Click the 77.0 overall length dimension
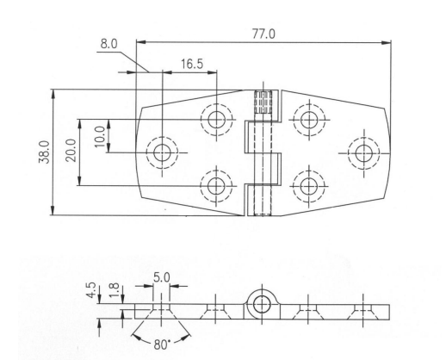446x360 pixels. coord(263,34)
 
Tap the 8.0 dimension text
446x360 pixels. coord(108,44)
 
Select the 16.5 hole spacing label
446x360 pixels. coord(192,64)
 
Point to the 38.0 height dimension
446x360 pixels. coord(44,152)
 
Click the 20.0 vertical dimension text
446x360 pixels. coord(71,151)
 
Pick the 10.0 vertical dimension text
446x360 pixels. coord(100,137)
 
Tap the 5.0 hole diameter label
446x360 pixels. coord(161,278)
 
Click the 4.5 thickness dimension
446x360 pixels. coord(91,290)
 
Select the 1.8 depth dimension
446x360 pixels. coord(115,290)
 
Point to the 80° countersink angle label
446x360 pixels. coord(162,344)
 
